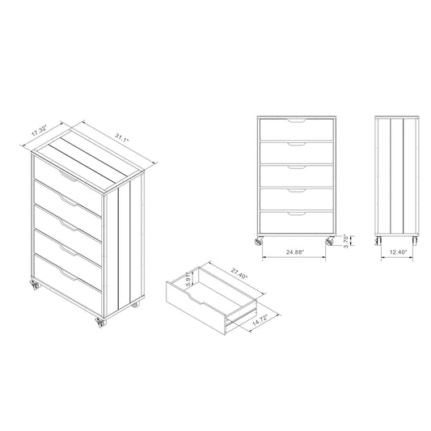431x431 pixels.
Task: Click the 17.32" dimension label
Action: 40,130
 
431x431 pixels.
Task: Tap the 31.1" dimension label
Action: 122,137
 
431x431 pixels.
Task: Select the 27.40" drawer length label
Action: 239,274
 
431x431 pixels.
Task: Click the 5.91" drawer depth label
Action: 188,279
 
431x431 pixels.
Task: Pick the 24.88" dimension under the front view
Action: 295,252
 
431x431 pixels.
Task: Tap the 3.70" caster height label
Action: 346,241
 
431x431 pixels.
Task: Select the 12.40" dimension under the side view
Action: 398,251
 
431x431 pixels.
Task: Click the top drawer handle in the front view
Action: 297,120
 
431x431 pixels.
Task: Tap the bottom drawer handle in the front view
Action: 297,213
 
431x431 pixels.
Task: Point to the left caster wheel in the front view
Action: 259,241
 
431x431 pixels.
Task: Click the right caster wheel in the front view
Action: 330,241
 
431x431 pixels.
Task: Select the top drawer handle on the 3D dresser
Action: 68,176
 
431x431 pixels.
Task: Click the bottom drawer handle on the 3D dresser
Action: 68,275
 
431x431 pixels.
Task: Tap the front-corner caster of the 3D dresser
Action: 100,323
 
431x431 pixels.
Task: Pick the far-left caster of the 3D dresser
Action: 36,285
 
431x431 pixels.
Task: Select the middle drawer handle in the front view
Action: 297,167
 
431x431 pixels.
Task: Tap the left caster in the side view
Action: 378,240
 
